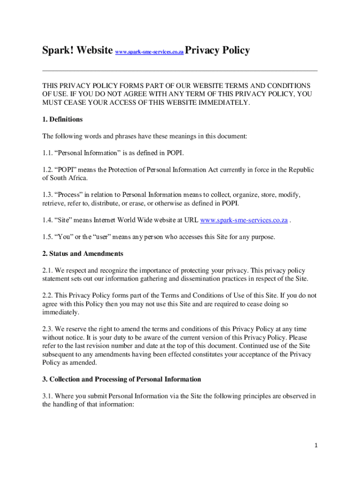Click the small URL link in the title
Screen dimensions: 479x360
tap(149, 52)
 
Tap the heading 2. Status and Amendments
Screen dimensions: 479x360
tap(83, 254)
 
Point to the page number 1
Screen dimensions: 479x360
tap(316, 445)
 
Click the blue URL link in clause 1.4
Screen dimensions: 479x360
tap(244, 220)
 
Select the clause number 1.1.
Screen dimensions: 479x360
tap(48, 153)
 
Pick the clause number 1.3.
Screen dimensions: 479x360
tap(48, 195)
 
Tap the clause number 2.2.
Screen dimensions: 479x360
tap(48, 296)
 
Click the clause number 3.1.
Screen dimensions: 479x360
tap(48, 396)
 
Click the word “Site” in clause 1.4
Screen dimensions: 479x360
tap(65, 220)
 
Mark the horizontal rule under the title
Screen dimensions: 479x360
tap(180, 71)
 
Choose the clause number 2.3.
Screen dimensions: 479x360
tap(48, 329)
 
